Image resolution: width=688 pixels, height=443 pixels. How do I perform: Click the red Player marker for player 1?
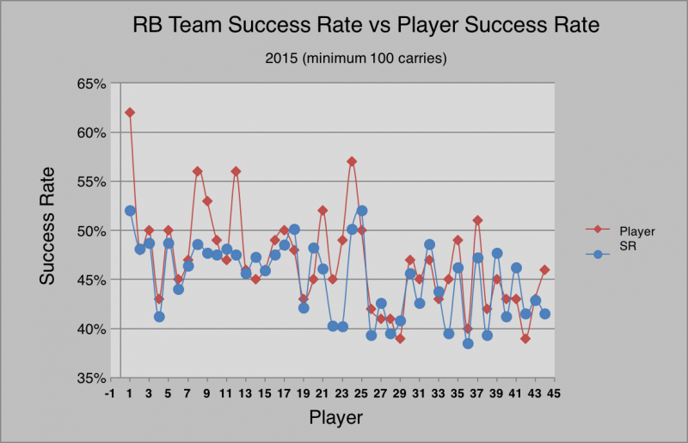pos(130,113)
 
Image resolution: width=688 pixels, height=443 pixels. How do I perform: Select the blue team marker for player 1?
pos(130,211)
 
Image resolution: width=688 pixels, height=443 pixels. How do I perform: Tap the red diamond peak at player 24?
pos(352,162)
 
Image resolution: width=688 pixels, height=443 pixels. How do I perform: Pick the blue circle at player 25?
pos(361,211)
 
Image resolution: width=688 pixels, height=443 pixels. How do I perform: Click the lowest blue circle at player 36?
pos(468,343)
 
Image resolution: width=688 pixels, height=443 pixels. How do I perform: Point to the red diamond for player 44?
pos(544,270)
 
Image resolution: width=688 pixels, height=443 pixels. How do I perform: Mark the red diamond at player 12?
pos(236,171)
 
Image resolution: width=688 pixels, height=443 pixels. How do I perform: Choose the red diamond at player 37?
pos(477,220)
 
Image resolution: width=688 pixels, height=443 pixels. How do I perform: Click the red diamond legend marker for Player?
pos(597,229)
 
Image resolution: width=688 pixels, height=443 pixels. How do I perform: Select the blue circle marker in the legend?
pos(597,254)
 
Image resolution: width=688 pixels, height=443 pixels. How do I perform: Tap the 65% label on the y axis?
pos(92,83)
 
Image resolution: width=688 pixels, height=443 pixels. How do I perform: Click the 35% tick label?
pos(92,378)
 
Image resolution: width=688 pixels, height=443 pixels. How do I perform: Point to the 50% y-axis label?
pos(92,231)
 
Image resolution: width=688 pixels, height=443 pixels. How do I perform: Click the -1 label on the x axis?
pos(110,393)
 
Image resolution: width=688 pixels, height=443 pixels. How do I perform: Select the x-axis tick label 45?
pos(554,393)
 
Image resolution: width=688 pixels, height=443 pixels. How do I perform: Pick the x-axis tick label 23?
pos(341,393)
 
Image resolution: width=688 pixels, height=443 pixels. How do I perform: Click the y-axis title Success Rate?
pos(47,226)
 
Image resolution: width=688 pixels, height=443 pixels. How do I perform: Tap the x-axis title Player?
pos(336,417)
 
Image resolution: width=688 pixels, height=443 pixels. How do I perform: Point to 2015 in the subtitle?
pos(281,58)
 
